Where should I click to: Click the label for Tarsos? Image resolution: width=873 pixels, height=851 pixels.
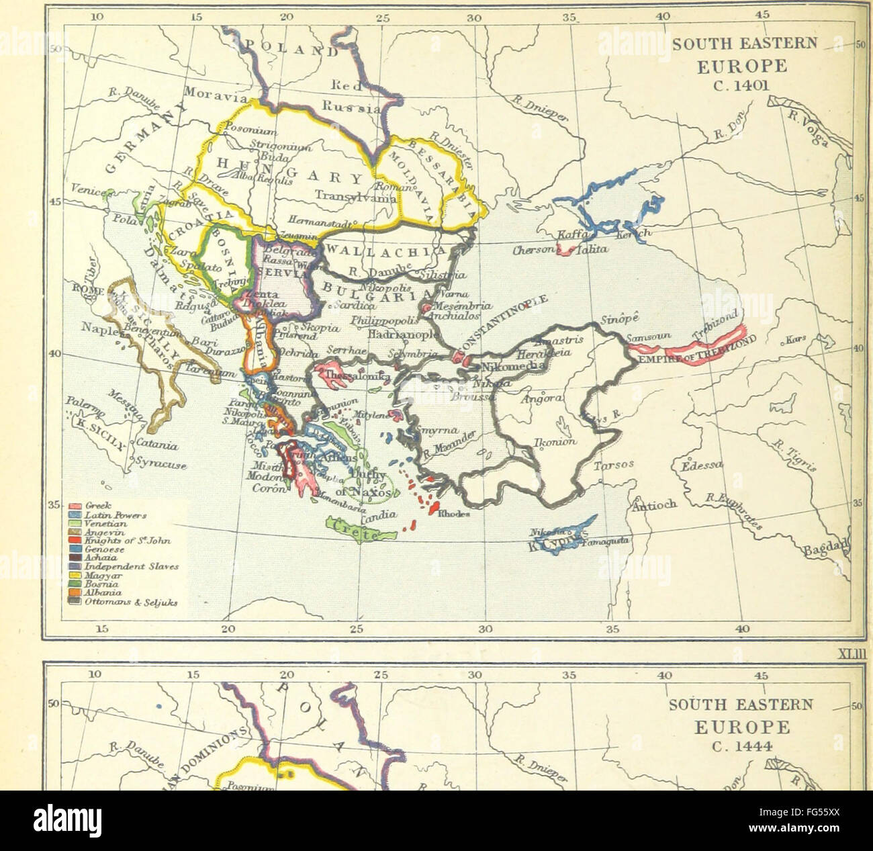pyautogui.click(x=611, y=465)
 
